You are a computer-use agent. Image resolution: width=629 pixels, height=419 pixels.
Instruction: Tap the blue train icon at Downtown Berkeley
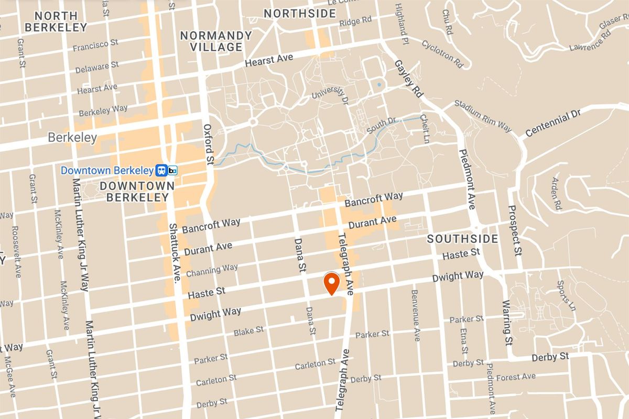(161, 170)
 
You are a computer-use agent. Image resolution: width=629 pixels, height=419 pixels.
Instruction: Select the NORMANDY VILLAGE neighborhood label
(216, 41)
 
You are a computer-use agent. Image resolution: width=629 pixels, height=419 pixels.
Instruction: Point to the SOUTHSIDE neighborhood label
(462, 239)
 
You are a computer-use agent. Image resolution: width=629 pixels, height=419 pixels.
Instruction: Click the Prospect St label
(516, 230)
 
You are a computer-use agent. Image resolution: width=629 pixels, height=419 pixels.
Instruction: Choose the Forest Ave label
(516, 377)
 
